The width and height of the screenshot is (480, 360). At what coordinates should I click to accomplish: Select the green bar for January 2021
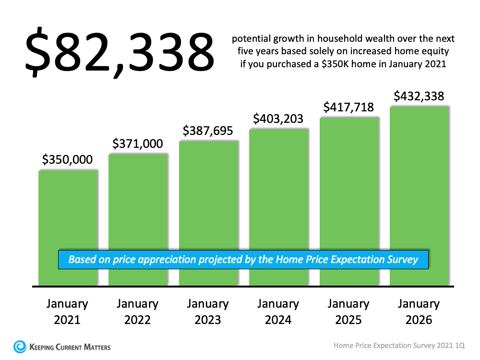68,211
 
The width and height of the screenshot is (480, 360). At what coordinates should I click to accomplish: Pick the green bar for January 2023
208,197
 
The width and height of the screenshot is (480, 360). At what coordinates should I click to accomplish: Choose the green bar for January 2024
278,192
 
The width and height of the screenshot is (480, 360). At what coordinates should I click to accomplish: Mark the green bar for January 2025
349,187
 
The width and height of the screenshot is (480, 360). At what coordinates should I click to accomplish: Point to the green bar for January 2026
419,182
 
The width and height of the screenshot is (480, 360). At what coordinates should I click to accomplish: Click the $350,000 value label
67,160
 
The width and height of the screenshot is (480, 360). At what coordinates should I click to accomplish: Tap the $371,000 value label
138,144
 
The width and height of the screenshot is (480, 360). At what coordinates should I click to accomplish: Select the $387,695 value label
208,131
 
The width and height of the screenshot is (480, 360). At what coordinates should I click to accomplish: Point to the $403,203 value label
278,118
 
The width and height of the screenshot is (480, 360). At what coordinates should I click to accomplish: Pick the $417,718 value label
348,108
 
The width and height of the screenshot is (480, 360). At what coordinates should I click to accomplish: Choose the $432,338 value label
419,96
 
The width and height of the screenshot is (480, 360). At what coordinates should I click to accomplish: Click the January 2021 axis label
67,312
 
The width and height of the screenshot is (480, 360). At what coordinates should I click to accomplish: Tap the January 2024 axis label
278,312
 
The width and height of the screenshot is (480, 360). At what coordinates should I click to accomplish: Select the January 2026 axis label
419,312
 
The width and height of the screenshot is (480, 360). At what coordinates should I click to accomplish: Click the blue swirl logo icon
20,346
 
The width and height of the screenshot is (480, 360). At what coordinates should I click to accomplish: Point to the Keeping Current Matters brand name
70,347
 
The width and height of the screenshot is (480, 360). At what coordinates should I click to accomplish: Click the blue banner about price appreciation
243,260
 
